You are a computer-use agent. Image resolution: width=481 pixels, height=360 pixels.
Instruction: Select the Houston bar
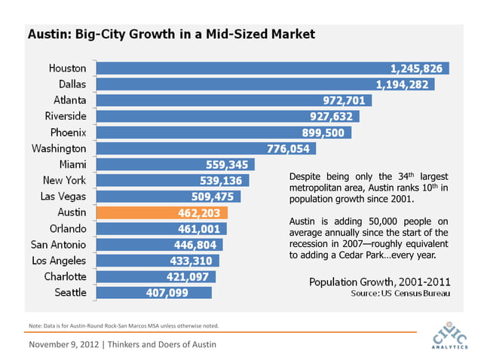[271, 68]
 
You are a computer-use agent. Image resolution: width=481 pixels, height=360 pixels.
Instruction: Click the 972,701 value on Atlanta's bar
[344, 100]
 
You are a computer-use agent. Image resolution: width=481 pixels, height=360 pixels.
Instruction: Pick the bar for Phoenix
[219, 133]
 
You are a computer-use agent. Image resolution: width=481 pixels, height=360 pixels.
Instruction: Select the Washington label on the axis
[59, 148]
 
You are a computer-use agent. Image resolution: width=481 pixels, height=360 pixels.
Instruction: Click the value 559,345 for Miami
[227, 164]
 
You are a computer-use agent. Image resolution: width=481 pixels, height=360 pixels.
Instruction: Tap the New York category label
[65, 180]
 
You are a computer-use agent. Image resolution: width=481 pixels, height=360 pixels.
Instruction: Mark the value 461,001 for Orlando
[198, 229]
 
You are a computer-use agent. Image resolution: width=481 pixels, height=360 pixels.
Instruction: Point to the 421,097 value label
[188, 276]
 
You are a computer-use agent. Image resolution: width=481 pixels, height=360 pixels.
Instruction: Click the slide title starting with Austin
[171, 35]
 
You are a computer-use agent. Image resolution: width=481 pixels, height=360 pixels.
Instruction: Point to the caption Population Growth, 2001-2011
[381, 281]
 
